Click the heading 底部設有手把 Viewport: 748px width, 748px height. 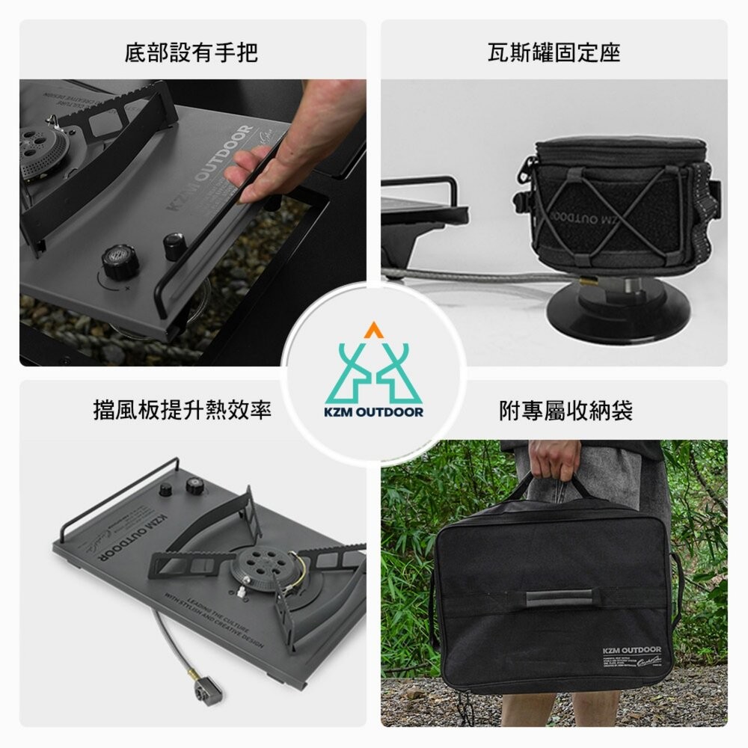click(191, 52)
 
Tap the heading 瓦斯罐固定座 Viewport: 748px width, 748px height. click(554, 52)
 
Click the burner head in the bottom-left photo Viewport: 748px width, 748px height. click(257, 567)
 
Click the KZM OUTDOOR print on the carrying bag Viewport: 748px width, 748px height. click(631, 650)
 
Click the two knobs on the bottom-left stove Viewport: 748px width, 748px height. click(180, 487)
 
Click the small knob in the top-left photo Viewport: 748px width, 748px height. click(174, 245)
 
